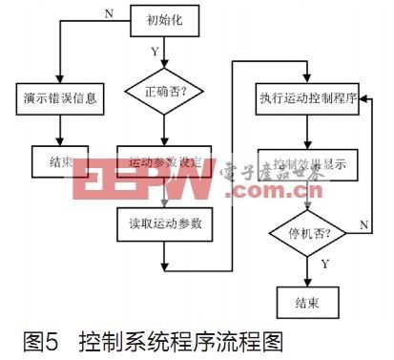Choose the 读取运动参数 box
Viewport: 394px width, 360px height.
coord(163,225)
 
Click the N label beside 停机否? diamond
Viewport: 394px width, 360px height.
coord(363,223)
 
